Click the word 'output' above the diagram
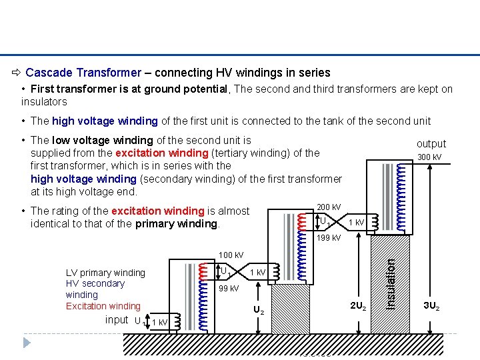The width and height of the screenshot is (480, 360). [x=431, y=143]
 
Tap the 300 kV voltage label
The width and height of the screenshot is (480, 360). [x=429, y=157]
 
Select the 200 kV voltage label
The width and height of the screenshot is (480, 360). [x=329, y=207]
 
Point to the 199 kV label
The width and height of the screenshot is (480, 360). [x=329, y=238]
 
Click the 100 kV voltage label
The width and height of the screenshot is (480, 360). [x=231, y=255]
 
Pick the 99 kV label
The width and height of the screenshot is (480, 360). [x=229, y=288]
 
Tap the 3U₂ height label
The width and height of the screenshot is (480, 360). [x=432, y=306]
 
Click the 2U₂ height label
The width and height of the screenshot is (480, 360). [x=357, y=306]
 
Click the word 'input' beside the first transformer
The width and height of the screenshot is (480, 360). [x=117, y=320]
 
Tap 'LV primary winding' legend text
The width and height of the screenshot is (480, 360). [x=105, y=273]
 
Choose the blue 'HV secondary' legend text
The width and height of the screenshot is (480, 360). [x=95, y=283]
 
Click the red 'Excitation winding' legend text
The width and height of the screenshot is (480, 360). [x=103, y=306]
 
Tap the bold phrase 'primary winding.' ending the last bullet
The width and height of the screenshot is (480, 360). [x=177, y=223]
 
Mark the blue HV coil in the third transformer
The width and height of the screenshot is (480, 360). [x=401, y=187]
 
